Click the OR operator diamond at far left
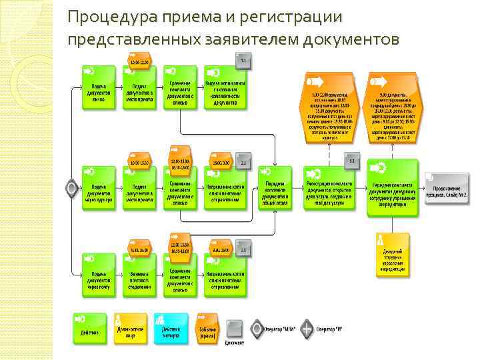[x=71, y=188]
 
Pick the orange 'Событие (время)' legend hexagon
[x=207, y=328]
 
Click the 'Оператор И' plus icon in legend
[x=306, y=328]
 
